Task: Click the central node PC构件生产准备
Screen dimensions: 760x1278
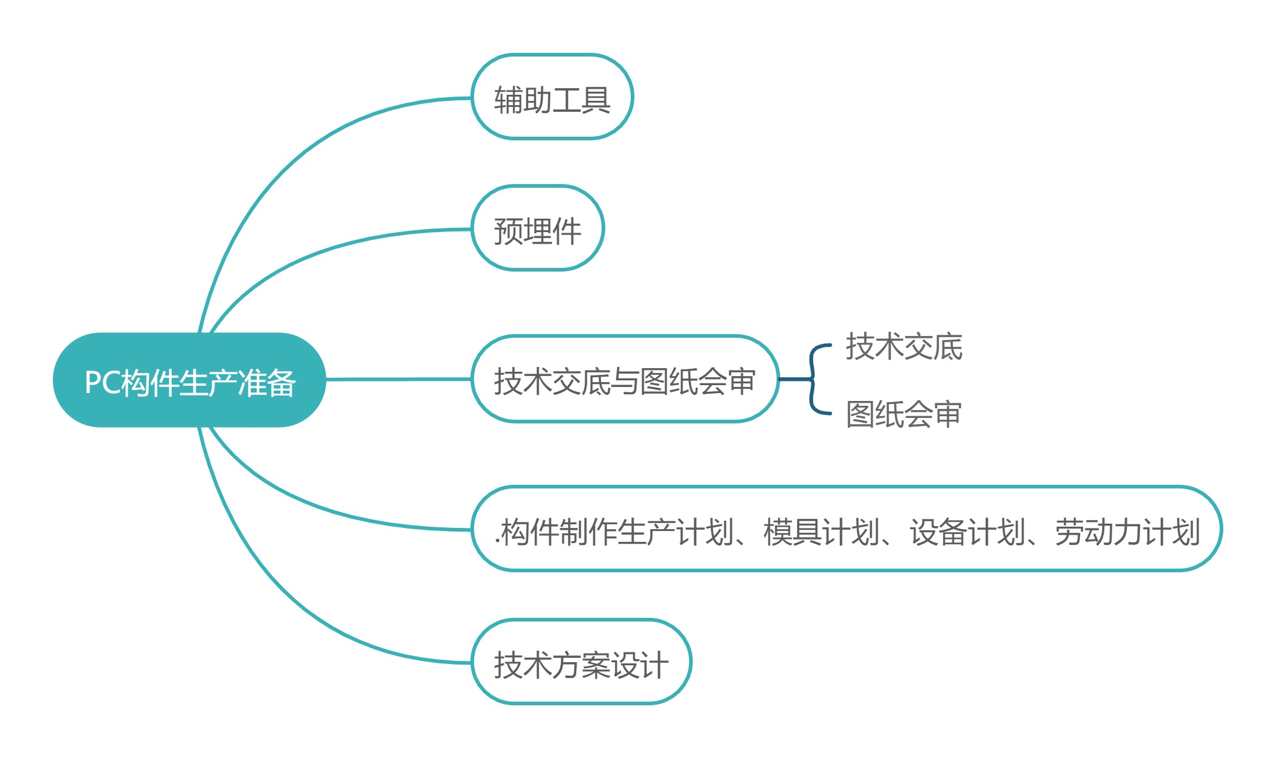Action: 189,380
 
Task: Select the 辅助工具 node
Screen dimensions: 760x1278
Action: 552,97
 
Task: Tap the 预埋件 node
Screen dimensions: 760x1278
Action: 537,228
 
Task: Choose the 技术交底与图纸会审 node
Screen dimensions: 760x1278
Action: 625,379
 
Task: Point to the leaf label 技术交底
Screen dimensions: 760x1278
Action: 904,346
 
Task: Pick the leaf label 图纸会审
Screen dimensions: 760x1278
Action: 904,414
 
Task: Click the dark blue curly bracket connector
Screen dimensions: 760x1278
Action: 813,380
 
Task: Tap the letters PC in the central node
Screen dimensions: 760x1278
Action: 101,383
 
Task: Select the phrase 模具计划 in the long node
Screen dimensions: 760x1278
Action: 820,532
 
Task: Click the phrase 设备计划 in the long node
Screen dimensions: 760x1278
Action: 967,532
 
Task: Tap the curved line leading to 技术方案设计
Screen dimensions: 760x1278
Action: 292,601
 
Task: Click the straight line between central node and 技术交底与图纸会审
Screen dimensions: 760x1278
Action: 398,379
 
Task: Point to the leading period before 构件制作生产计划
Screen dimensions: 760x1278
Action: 496,542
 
